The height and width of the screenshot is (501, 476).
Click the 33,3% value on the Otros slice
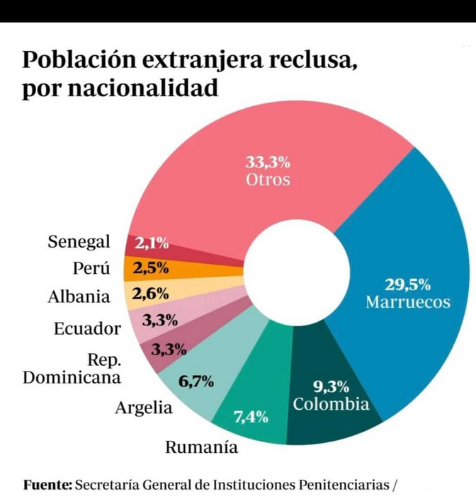(268, 162)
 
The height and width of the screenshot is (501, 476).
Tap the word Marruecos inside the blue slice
(408, 302)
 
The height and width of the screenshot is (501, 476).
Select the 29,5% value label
(408, 285)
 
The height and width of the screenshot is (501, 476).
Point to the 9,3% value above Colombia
(331, 387)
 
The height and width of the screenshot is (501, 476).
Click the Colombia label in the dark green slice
(331, 405)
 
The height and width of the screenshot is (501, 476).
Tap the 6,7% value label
(196, 382)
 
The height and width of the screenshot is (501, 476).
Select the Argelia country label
(144, 408)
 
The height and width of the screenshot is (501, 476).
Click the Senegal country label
(79, 242)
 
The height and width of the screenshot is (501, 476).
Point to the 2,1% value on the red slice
(151, 244)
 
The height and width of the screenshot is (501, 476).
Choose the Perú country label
(92, 269)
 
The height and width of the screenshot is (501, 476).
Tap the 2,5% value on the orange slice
(151, 269)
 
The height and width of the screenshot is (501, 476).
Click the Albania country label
(79, 297)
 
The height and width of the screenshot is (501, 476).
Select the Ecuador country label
(87, 329)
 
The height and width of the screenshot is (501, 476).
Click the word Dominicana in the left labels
(72, 377)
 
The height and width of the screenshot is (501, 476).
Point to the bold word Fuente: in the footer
(47, 485)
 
